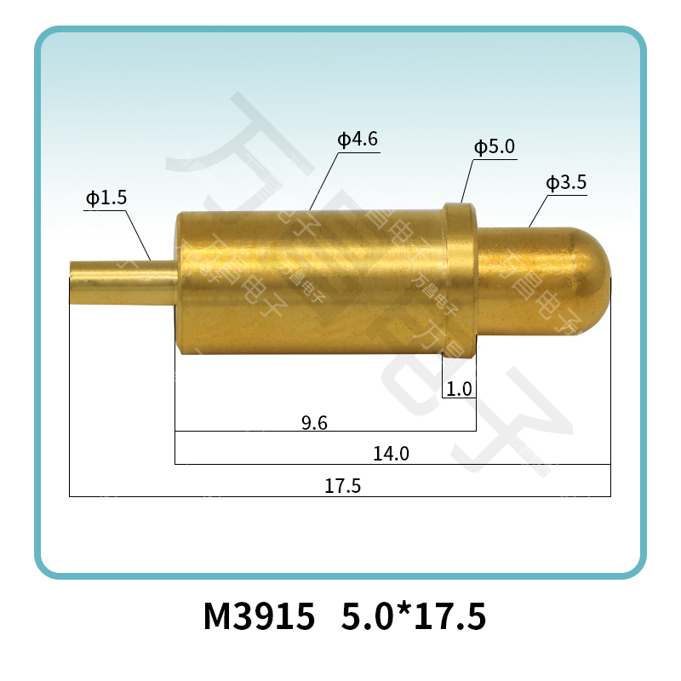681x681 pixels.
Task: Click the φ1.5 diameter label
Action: (106, 198)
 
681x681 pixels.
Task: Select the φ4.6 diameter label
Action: (358, 139)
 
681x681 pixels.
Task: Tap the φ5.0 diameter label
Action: (495, 147)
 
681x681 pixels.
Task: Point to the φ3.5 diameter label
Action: (566, 182)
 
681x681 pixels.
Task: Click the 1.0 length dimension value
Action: (459, 390)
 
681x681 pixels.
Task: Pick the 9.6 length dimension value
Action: (315, 422)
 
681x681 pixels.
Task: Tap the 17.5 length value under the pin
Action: (343, 486)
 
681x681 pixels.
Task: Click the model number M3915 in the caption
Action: (259, 616)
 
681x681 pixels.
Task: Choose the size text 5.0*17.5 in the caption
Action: (413, 616)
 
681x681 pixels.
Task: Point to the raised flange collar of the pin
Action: (461, 272)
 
